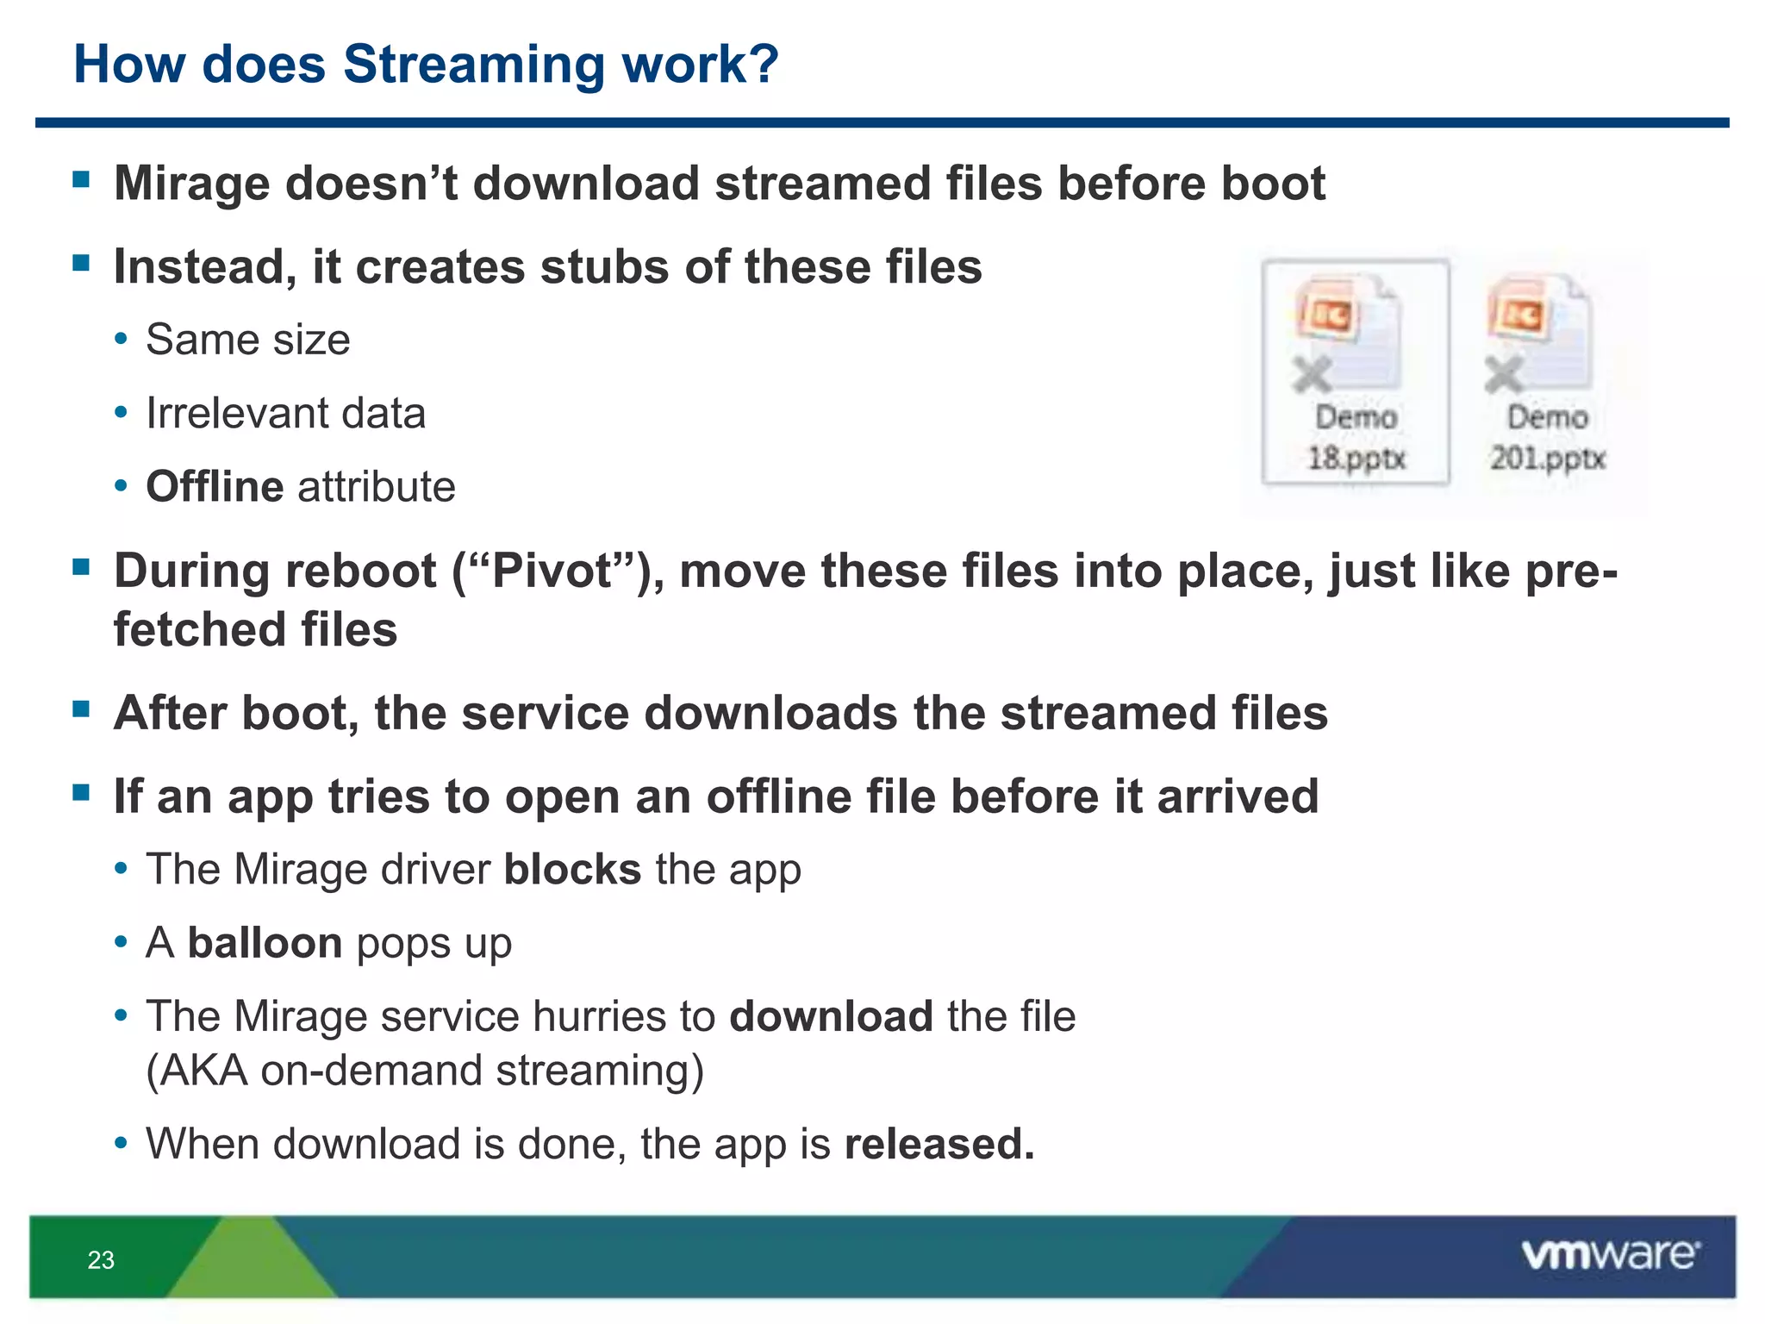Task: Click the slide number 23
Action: tap(101, 1260)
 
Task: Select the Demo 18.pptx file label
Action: tap(1356, 438)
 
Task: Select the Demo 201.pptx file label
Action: tap(1548, 438)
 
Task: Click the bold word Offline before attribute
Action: tap(215, 487)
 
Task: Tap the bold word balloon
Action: tap(265, 943)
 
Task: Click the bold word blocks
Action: tap(572, 870)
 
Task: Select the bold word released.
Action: tap(939, 1145)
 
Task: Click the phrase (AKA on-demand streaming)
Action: tap(425, 1071)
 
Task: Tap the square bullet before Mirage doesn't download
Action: tap(82, 179)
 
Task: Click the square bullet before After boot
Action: tap(82, 709)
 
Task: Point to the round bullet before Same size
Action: tap(122, 339)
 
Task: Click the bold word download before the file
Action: tap(831, 1016)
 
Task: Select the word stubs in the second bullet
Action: tap(604, 267)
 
